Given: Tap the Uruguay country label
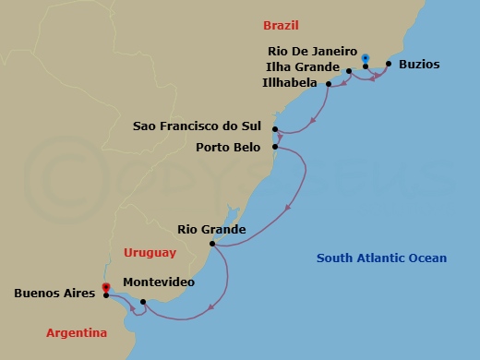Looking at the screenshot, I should (150, 252).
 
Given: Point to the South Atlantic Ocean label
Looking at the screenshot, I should (381, 258).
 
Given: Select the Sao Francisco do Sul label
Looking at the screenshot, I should (198, 126).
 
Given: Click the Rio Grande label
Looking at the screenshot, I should (210, 230).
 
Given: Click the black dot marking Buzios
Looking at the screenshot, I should (389, 64).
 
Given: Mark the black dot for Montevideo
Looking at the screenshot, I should (142, 301).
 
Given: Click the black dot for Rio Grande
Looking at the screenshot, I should (212, 244).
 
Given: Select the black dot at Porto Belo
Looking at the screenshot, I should (275, 146).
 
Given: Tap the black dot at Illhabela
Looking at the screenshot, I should (328, 83).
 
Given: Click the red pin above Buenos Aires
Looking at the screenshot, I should (106, 287).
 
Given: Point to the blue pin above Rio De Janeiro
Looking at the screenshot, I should (366, 59).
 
